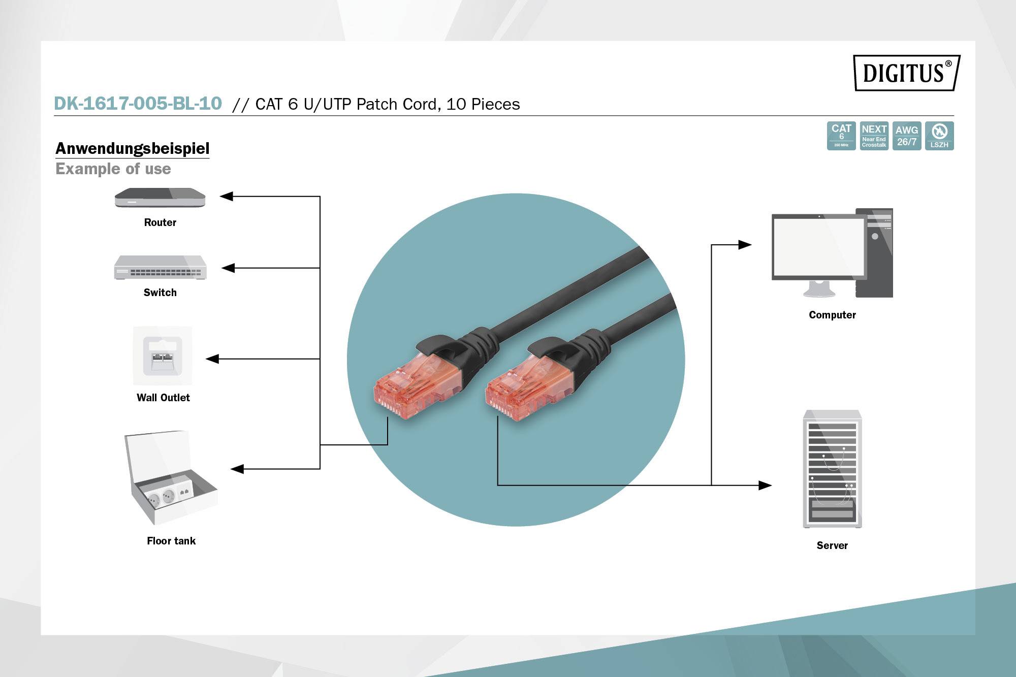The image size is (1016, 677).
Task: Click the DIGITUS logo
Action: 906,73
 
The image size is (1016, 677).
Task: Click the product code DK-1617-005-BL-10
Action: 138,104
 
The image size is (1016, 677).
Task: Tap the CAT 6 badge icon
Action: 841,136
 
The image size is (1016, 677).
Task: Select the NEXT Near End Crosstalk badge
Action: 874,136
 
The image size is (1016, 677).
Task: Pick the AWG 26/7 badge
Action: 907,136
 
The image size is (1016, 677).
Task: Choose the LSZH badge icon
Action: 939,136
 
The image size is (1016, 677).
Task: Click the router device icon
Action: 160,198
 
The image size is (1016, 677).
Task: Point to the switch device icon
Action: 160,268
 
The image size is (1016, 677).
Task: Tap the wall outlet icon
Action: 163,356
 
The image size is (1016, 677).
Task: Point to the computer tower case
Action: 875,252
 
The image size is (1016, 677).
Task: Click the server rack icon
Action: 832,469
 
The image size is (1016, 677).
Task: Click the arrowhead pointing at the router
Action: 226,196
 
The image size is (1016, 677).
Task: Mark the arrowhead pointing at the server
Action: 765,486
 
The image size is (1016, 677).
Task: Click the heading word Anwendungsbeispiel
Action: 132,148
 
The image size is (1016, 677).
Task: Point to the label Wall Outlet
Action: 163,398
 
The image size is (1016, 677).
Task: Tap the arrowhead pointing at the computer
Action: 745,245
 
